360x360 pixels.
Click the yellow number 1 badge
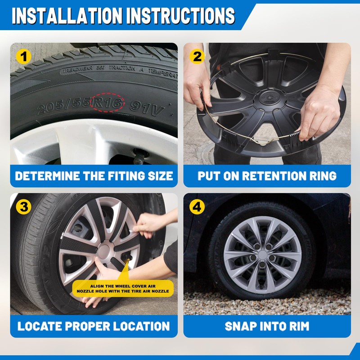click(x=24, y=57)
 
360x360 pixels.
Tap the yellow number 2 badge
click(x=197, y=57)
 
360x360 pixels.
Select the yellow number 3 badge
click(x=24, y=207)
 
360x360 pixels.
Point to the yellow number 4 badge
click(x=197, y=207)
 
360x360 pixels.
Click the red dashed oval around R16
click(x=108, y=103)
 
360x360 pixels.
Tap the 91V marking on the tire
click(x=147, y=108)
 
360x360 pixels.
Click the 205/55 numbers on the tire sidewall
click(x=64, y=105)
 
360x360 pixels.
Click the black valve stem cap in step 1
click(x=139, y=157)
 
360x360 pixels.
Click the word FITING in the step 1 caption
click(x=126, y=176)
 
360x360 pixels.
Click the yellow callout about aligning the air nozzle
click(x=123, y=288)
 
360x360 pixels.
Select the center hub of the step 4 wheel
click(x=262, y=255)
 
